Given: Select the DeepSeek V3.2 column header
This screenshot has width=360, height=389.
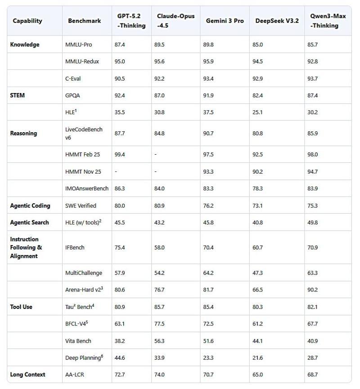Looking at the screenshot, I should tap(277, 21).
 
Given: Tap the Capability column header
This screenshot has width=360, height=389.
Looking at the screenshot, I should tap(27, 21).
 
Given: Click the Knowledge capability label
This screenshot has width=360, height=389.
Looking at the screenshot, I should tap(25, 45).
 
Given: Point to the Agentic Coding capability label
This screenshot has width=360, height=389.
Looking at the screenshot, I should tap(30, 206).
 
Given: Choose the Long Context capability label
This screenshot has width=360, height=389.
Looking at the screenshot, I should tap(28, 374).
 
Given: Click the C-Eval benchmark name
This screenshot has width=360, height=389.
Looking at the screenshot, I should tap(73, 78).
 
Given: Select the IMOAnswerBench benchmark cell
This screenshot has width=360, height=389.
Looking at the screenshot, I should tap(87, 189).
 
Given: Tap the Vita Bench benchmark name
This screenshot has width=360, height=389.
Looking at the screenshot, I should tap(78, 341).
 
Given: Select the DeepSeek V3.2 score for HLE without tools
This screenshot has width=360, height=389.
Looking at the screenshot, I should tap(257, 112).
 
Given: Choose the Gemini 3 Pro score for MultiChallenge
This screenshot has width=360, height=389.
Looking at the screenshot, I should tap(208, 273).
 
